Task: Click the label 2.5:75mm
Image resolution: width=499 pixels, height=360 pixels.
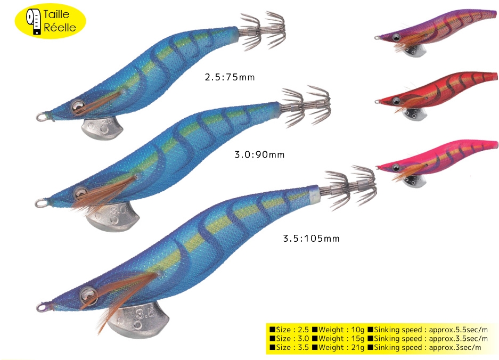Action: pos(230,77)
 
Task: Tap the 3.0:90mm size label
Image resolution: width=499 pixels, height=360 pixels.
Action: pos(259,155)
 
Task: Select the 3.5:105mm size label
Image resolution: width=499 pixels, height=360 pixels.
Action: pos(310,238)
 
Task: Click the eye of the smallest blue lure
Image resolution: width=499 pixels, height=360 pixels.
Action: pos(78,107)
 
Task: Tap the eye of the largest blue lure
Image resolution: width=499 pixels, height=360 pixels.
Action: pos(87,293)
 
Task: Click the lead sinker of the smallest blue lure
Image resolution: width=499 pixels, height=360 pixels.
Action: pos(102,128)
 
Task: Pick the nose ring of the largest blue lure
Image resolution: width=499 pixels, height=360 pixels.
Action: pos(40,307)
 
